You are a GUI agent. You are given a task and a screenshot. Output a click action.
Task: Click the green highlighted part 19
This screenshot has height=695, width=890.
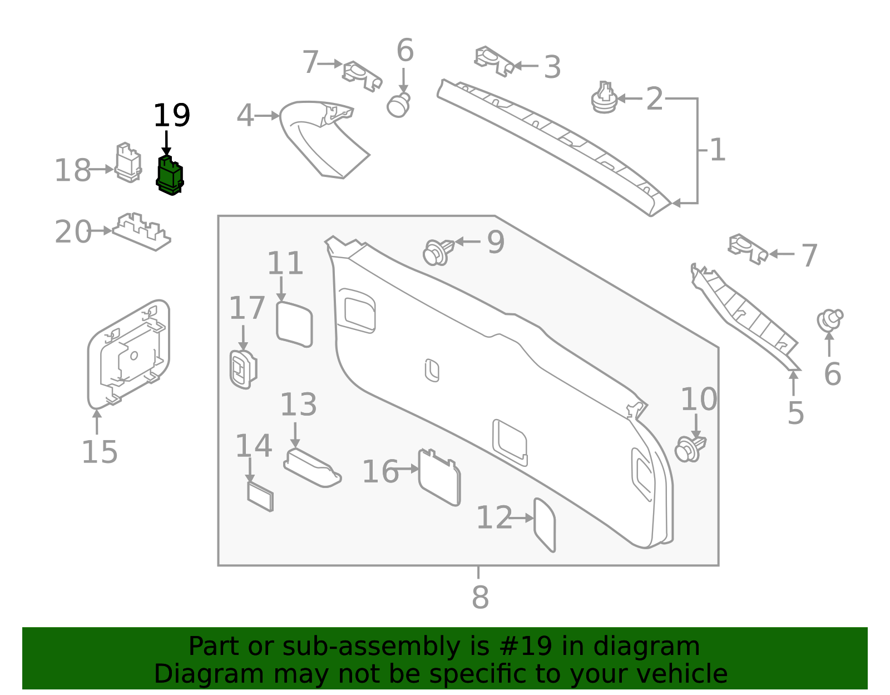pos(170,176)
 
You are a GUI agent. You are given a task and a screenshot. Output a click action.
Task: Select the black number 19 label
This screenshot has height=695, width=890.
pos(171,116)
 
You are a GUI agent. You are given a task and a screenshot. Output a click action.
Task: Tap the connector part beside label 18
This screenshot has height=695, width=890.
pos(127,162)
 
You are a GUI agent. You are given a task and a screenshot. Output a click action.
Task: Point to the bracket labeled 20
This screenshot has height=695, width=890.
pos(142,231)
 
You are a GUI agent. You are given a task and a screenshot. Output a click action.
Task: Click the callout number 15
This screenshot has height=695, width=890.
pos(100,452)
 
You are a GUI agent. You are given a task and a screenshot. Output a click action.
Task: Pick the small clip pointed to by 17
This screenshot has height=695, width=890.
pos(243,369)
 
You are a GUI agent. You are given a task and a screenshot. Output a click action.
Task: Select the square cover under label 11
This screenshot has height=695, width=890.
pos(294,324)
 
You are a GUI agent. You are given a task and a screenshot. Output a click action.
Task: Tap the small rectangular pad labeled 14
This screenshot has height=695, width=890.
pos(260,496)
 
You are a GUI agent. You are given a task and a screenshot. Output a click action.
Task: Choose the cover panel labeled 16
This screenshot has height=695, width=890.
pos(439,477)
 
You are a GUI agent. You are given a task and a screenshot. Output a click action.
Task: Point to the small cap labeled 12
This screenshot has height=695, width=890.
pos(545,524)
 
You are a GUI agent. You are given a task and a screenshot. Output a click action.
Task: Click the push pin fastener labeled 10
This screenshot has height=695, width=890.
pos(690,448)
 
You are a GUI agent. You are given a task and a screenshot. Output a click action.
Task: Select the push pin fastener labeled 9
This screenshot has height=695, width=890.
pos(438,252)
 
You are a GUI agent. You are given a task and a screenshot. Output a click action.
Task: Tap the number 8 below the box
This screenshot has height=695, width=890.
pos(479,597)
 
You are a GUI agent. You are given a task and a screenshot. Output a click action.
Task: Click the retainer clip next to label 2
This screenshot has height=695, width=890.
pos(604,99)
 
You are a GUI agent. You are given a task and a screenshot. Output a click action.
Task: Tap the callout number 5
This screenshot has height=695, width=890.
pos(795,413)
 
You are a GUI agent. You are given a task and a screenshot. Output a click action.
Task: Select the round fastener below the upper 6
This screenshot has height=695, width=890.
pos(398,105)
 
